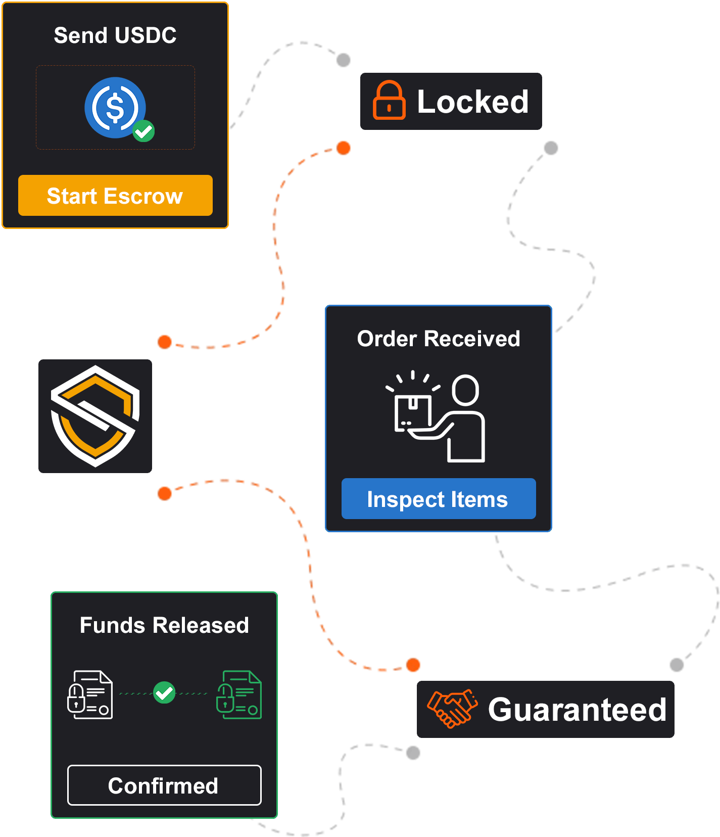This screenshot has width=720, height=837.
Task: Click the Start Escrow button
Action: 115,196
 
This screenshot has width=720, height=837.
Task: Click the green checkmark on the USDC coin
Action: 143,131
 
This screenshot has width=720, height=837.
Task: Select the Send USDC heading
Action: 115,35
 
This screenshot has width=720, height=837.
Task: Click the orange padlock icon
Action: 389,101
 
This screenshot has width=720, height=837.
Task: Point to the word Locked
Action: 472,102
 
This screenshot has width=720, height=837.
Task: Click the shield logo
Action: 95,416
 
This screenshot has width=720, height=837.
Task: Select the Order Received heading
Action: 439,339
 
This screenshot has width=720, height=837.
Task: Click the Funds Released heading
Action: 164,625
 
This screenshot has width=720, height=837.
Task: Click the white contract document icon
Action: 90,694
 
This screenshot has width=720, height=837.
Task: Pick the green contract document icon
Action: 239,694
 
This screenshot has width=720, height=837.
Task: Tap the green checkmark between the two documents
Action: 164,692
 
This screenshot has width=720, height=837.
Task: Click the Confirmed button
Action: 164,785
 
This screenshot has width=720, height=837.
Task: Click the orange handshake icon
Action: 452,708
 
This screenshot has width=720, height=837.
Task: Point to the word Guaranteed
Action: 577,709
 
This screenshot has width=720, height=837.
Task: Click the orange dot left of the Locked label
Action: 344,148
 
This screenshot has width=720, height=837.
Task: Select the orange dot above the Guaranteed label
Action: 413,665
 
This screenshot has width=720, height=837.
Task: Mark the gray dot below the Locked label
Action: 551,148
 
